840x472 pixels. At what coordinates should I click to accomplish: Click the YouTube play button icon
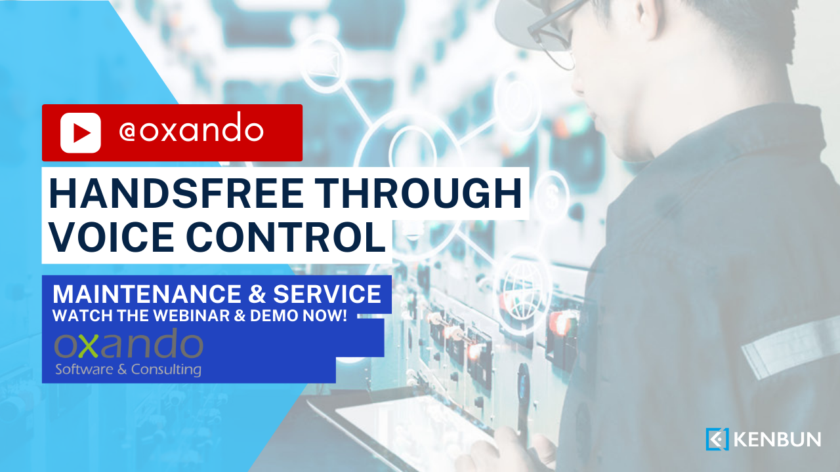click(80, 132)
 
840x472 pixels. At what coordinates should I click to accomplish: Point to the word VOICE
click(112, 237)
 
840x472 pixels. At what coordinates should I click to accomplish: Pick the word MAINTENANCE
click(146, 294)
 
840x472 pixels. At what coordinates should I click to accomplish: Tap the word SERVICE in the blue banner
click(327, 294)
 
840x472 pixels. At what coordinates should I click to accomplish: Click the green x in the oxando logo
click(89, 345)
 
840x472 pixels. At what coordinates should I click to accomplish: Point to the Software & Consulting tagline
click(128, 369)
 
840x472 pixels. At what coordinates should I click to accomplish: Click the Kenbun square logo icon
click(717, 439)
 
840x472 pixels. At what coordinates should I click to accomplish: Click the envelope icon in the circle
click(324, 62)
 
